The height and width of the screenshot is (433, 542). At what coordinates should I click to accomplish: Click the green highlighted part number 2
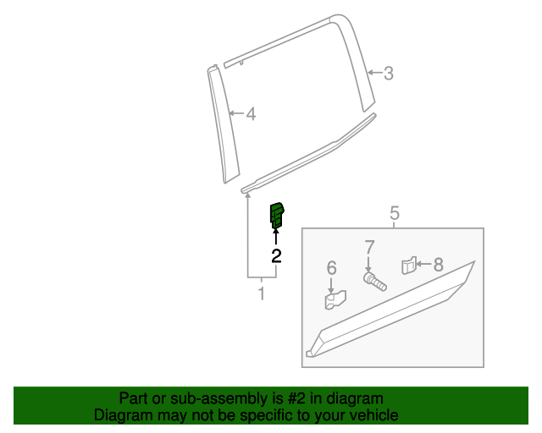[x=277, y=215]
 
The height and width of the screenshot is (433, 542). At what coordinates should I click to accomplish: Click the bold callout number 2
[x=276, y=254]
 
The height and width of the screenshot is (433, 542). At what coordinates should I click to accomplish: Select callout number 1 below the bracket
[x=262, y=294]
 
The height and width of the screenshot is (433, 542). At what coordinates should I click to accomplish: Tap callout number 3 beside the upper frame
[x=389, y=74]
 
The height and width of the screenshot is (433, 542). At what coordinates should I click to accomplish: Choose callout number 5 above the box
[x=395, y=214]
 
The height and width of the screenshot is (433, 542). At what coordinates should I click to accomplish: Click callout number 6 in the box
[x=332, y=268]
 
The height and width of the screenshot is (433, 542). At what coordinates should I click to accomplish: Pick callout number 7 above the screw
[x=369, y=248]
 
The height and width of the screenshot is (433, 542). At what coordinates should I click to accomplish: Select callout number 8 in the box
[x=439, y=265]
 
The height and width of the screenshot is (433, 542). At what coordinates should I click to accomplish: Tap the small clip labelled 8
[x=408, y=266]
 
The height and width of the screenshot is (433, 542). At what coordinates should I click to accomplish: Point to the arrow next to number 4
[x=236, y=113]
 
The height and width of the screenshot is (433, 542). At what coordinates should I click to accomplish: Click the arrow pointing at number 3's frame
[x=375, y=74]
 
